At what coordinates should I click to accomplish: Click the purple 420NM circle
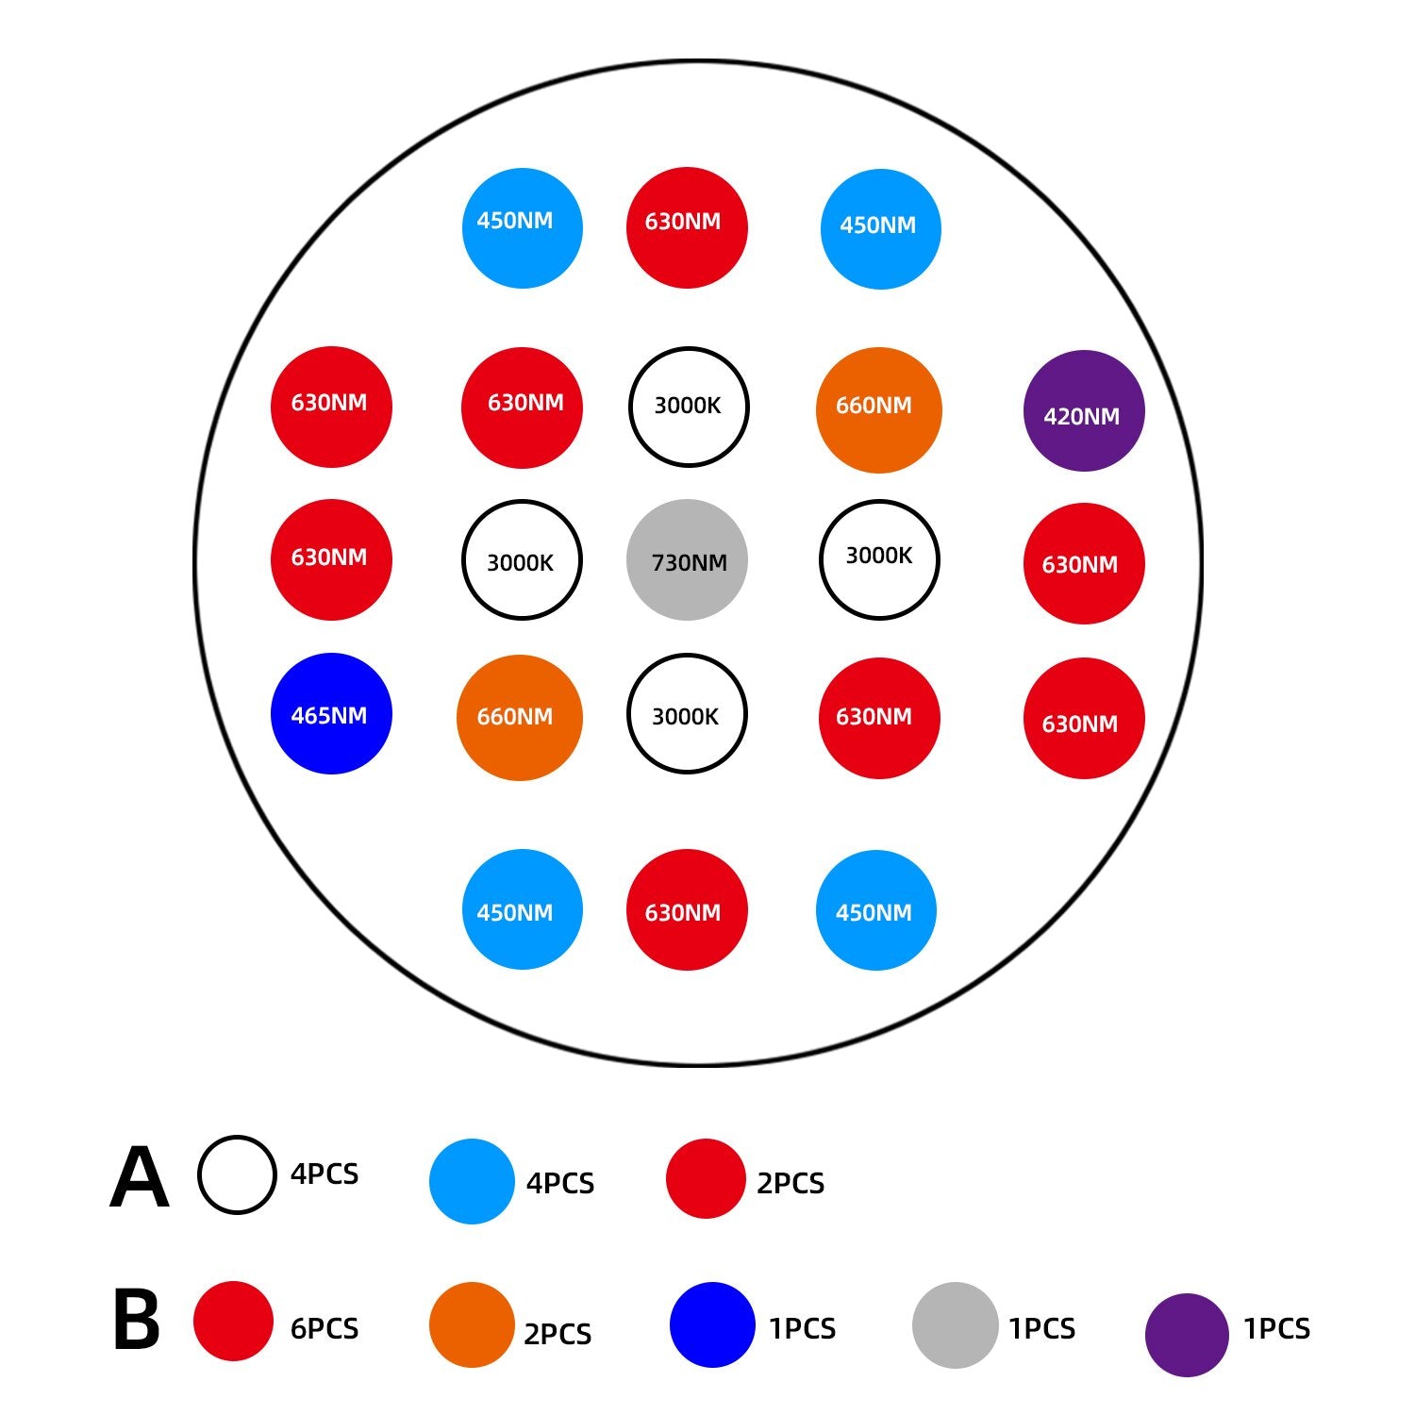(1084, 410)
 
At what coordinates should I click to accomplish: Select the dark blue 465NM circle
(331, 713)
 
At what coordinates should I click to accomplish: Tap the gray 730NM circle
(687, 559)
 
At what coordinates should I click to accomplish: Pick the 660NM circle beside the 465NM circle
(519, 717)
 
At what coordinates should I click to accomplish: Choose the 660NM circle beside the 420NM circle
(878, 409)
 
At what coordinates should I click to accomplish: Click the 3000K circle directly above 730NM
(689, 407)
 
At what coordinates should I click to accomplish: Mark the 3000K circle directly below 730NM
(687, 713)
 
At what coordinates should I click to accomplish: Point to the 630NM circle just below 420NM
(1084, 563)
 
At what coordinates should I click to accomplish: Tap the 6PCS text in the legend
(325, 1328)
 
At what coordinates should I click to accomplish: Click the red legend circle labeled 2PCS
(706, 1178)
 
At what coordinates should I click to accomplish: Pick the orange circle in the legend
(472, 1324)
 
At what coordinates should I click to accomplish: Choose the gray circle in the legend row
(955, 1324)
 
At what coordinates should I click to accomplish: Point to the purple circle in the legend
(1187, 1334)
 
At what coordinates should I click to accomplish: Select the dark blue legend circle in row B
(712, 1324)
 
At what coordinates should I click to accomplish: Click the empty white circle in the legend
(237, 1174)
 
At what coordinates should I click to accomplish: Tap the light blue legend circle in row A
(472, 1181)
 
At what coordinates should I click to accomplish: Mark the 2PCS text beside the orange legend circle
(558, 1334)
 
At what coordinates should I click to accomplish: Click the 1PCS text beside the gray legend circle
(1041, 1328)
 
